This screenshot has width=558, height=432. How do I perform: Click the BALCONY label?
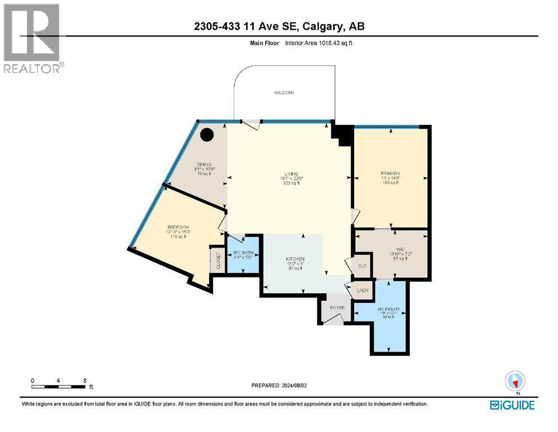click(x=284, y=92)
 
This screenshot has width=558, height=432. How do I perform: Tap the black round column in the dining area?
click(x=207, y=135)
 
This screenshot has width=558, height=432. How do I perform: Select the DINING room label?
click(x=204, y=164)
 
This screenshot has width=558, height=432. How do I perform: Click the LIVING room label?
click(x=291, y=174)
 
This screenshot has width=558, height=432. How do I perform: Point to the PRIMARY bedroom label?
click(x=390, y=173)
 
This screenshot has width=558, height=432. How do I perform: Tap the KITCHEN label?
click(x=294, y=259)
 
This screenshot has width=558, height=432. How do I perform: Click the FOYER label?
click(x=337, y=308)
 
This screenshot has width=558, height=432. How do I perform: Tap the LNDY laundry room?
click(x=362, y=290)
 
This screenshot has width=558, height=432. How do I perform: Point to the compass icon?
click(x=515, y=382)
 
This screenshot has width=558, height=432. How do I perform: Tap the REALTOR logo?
click(x=32, y=38)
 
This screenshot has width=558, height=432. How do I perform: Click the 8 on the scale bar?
click(x=84, y=380)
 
